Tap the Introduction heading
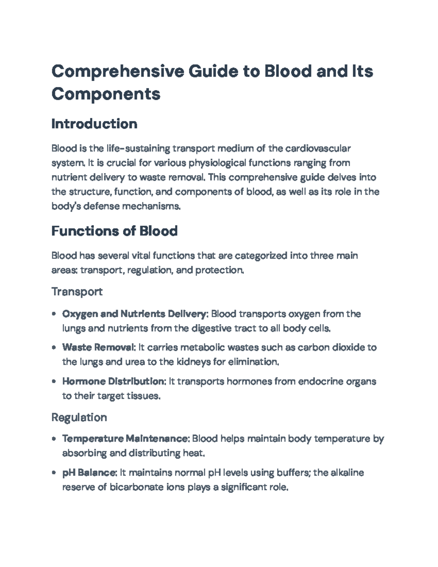(x=94, y=124)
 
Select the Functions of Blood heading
(x=114, y=231)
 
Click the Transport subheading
(x=77, y=291)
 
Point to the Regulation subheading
(x=79, y=417)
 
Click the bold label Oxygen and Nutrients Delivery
(x=135, y=314)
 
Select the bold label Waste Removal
(x=99, y=347)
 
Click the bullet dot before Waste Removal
(x=54, y=348)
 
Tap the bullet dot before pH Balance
(x=54, y=473)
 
